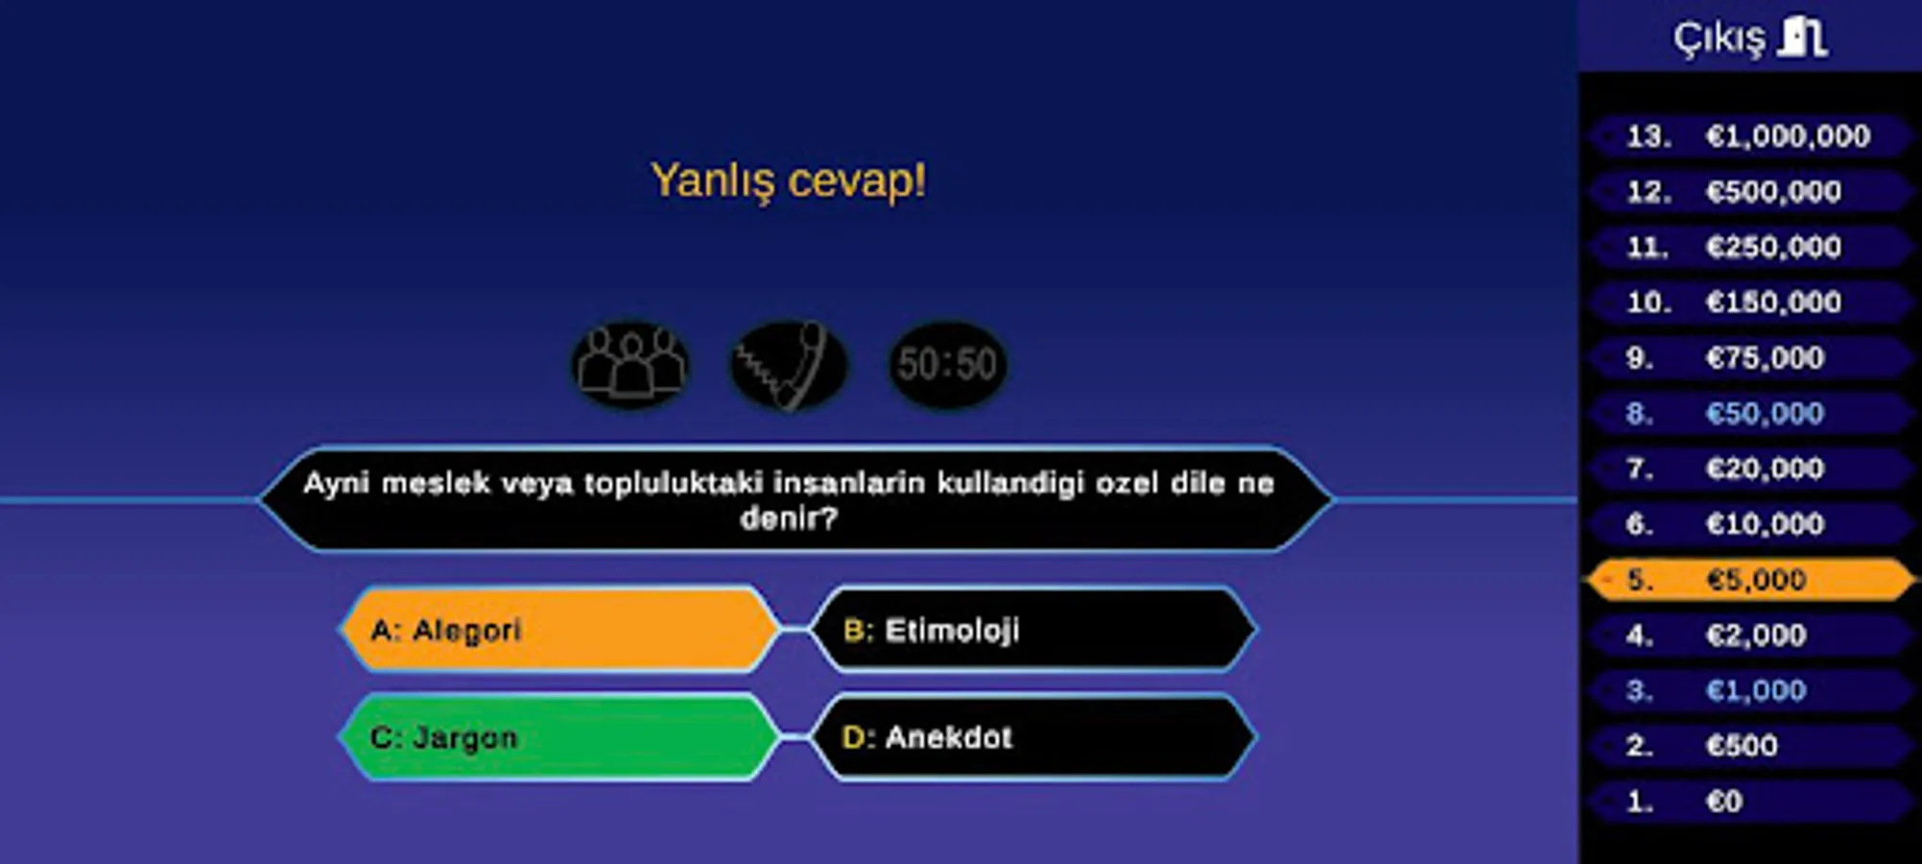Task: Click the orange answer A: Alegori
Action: coord(559,630)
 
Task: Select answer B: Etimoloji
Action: coord(1032,630)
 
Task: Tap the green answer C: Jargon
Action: coord(559,737)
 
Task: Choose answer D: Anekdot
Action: coord(1032,737)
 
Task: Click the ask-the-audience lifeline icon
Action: coord(630,365)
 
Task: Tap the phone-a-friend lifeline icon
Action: coord(789,365)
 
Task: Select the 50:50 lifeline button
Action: coord(947,365)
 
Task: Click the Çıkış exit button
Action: coord(1749,37)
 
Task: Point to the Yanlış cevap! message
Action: coord(789,180)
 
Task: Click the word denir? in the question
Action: coord(790,519)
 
